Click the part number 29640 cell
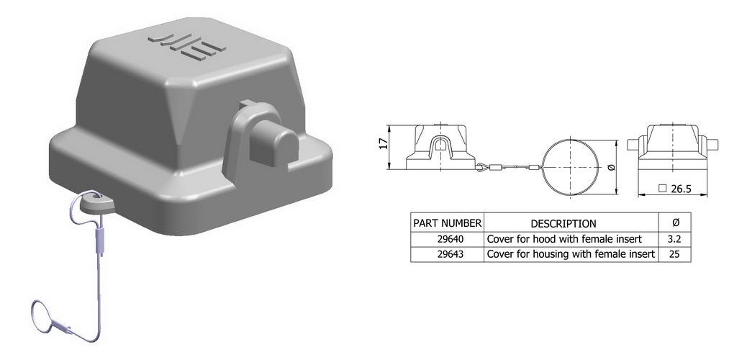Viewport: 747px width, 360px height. (x=447, y=239)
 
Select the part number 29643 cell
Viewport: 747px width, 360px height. (x=447, y=254)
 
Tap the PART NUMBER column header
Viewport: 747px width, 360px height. (x=447, y=222)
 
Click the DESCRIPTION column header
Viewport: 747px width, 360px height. (x=563, y=223)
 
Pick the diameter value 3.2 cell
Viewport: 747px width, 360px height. (x=674, y=239)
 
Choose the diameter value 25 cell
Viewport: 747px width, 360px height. (x=674, y=254)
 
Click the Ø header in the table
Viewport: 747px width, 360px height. (x=674, y=222)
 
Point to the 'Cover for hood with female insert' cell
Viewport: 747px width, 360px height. (x=564, y=239)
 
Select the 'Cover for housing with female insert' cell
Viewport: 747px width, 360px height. (x=571, y=254)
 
